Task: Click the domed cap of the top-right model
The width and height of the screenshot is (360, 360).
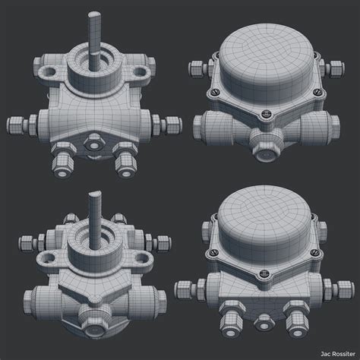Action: tap(266, 53)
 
